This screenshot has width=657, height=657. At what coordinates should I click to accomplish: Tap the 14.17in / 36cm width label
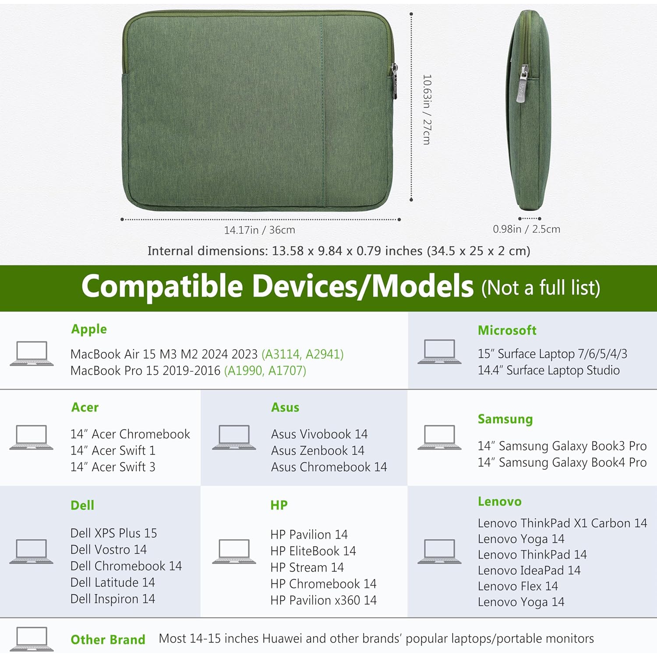click(259, 230)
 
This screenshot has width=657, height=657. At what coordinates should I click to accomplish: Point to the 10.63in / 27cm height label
click(427, 109)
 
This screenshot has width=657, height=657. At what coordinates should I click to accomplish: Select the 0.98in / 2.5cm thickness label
click(526, 229)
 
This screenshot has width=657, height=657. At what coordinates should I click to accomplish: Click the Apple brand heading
click(89, 329)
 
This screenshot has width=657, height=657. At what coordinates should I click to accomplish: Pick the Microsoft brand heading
click(507, 330)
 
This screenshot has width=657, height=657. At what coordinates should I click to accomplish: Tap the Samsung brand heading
click(505, 419)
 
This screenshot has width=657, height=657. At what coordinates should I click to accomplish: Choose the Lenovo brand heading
click(499, 502)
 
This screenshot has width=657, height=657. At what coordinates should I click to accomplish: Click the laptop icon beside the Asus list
click(234, 437)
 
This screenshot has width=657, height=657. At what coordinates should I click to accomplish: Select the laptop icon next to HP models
click(234, 551)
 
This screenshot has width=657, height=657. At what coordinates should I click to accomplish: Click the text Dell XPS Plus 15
click(113, 533)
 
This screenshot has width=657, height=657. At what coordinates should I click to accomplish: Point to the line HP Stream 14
click(307, 568)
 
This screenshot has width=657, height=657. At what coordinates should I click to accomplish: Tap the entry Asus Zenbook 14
click(318, 451)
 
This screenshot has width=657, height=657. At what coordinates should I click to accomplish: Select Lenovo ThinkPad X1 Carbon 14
click(562, 523)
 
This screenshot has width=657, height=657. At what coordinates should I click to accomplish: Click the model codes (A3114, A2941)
click(302, 354)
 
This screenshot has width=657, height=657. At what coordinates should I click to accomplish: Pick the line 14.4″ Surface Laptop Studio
click(548, 371)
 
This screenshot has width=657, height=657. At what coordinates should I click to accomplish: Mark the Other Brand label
click(108, 640)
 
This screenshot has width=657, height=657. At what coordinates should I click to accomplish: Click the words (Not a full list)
click(540, 288)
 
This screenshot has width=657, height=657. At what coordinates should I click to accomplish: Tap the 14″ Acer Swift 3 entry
click(113, 467)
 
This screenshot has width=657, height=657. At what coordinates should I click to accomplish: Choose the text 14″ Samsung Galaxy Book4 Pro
click(562, 463)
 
